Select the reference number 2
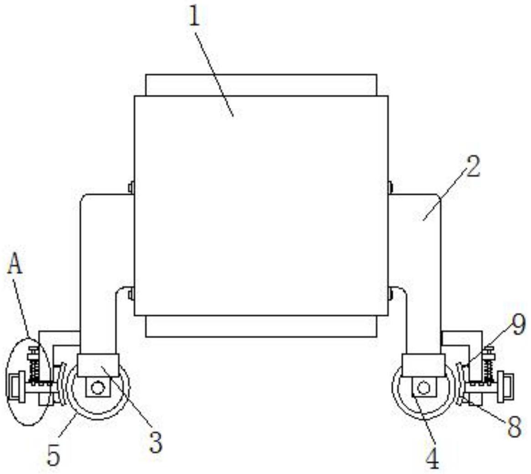[x=472, y=167]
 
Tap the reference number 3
[x=156, y=442]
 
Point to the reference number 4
[x=432, y=458]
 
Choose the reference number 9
[x=517, y=325]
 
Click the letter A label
[x=15, y=264]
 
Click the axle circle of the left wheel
[x=97, y=388]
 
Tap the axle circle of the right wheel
[x=424, y=388]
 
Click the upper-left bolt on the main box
[x=131, y=187]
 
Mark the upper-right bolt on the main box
[x=390, y=186]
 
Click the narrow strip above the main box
[x=261, y=85]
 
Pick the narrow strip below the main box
[x=261, y=326]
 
